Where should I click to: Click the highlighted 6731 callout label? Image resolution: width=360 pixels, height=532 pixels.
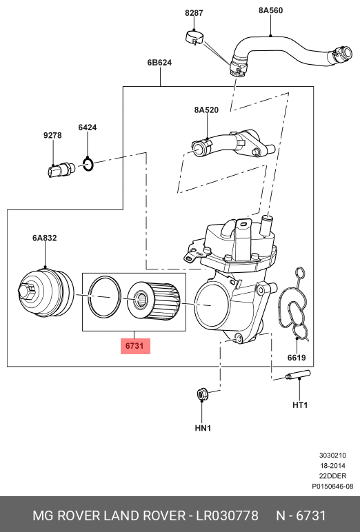tap(135, 346)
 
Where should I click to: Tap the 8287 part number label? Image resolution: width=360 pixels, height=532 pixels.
tap(194, 13)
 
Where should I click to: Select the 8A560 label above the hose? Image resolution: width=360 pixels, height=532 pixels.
tap(270, 10)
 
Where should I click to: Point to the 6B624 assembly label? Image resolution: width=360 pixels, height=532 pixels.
tap(159, 63)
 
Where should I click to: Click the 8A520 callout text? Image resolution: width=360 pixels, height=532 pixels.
tap(206, 110)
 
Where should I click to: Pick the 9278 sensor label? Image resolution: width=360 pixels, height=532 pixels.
tap(52, 135)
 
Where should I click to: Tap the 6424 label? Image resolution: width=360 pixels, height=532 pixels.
tap(88, 127)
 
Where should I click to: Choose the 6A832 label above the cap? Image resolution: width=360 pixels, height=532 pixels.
tap(45, 238)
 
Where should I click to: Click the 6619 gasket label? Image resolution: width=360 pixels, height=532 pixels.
tap(297, 358)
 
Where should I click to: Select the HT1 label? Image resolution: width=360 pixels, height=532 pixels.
tap(300, 405)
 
